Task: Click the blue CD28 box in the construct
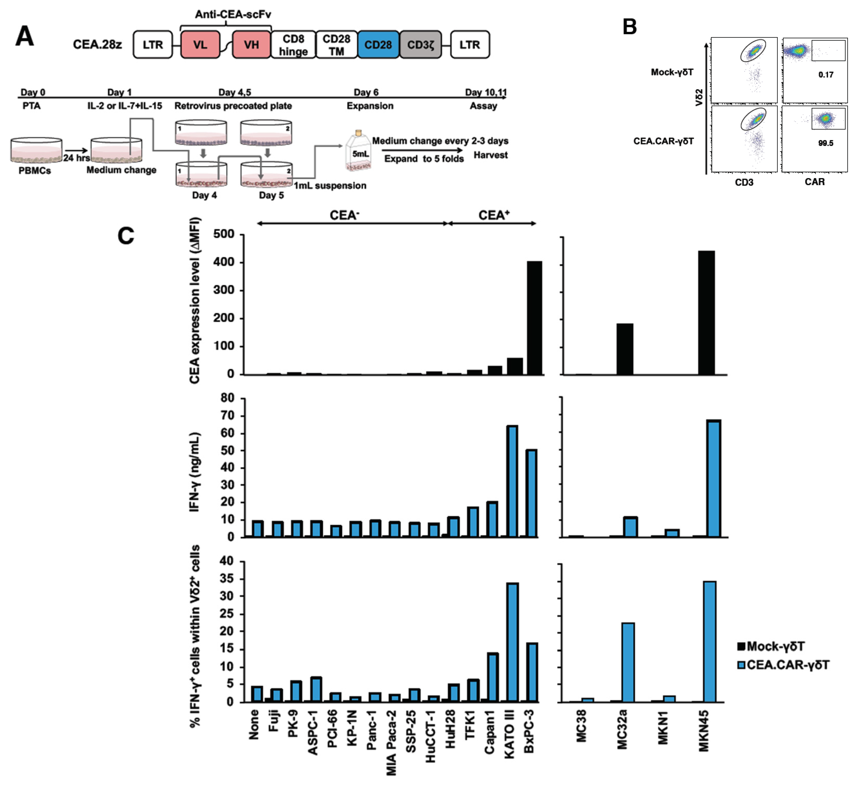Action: (378, 45)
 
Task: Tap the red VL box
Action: (200, 45)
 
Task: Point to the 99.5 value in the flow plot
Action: (825, 143)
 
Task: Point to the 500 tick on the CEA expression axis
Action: (224, 234)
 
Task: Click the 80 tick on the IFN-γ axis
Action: (227, 398)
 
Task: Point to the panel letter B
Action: (630, 27)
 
